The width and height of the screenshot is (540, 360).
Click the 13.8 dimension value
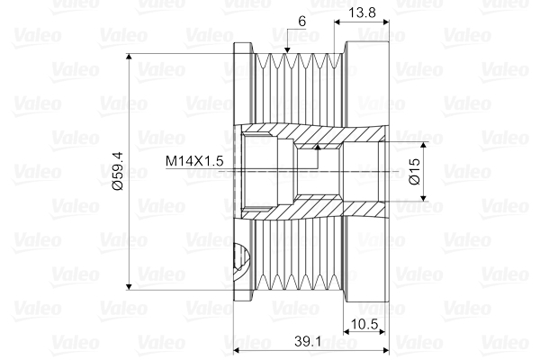point(362,13)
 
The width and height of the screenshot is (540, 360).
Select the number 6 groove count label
point(302,22)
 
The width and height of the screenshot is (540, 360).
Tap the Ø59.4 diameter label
point(118,171)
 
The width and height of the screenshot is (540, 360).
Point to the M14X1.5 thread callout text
point(194,161)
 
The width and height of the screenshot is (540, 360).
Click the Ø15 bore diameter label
point(415,171)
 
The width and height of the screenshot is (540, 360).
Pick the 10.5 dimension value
point(364,324)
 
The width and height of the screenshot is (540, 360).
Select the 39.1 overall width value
point(308,341)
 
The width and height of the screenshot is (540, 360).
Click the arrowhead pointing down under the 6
point(286,50)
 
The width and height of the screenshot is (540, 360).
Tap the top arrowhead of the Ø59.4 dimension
point(129,58)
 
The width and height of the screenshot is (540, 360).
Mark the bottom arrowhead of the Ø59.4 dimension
point(129,286)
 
